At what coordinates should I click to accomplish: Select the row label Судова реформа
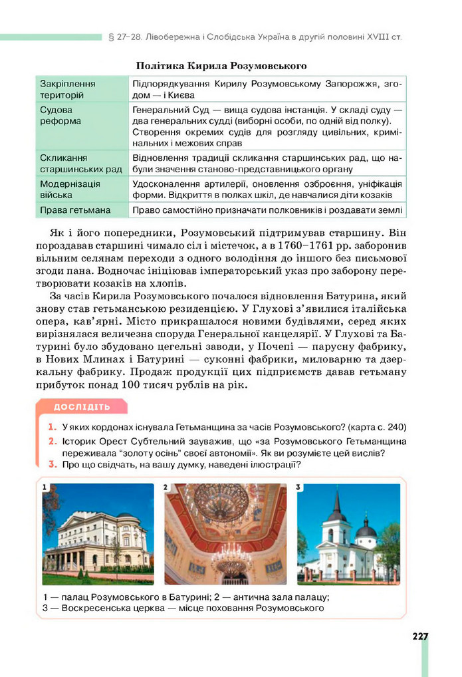(x=60, y=115)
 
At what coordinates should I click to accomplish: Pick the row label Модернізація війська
(x=70, y=189)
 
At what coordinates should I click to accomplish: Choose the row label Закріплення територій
(x=68, y=89)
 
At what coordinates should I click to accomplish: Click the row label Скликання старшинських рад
(x=81, y=164)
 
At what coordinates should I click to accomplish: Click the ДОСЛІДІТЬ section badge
(x=82, y=407)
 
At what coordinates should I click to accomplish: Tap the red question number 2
(x=51, y=441)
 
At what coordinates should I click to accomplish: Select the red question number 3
(x=51, y=465)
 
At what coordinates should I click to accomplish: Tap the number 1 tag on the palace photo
(x=45, y=487)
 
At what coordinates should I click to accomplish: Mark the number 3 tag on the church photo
(x=299, y=487)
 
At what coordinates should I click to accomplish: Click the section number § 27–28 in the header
(x=122, y=36)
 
